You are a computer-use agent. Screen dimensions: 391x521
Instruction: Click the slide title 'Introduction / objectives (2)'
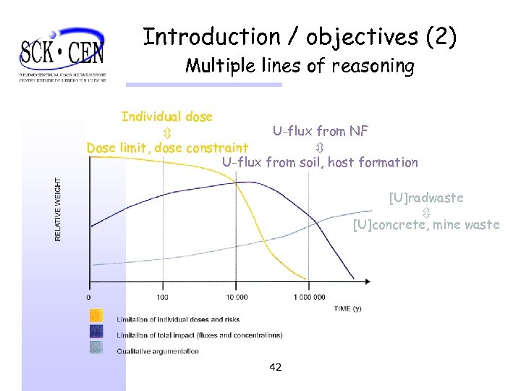point(300,37)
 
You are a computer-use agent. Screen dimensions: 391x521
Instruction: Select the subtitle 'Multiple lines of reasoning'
point(300,67)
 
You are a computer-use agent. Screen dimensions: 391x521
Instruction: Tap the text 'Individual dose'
point(167,117)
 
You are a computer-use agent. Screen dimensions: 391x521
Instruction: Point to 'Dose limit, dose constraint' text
point(167,148)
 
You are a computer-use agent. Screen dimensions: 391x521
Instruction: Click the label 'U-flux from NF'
point(320,131)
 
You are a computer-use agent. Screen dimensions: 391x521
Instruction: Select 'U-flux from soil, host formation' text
point(320,162)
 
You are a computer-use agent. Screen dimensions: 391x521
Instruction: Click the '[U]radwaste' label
point(425,198)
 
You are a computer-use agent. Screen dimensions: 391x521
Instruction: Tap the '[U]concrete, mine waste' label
point(426,224)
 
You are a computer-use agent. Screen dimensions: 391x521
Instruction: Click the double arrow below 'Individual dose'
point(166,133)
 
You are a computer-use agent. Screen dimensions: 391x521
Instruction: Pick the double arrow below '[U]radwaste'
point(426,211)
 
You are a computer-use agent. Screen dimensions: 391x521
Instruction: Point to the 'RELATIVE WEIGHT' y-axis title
point(59,210)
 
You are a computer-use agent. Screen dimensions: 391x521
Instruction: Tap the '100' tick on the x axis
point(161,297)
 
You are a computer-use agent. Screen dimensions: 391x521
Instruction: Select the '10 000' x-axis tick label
point(236,297)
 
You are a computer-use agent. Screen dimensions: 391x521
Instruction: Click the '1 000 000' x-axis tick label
point(309,297)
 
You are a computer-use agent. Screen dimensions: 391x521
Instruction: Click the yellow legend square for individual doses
point(96,316)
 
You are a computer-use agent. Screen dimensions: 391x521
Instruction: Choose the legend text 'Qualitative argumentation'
point(158,351)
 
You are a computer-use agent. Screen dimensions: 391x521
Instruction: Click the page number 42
point(275,368)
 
